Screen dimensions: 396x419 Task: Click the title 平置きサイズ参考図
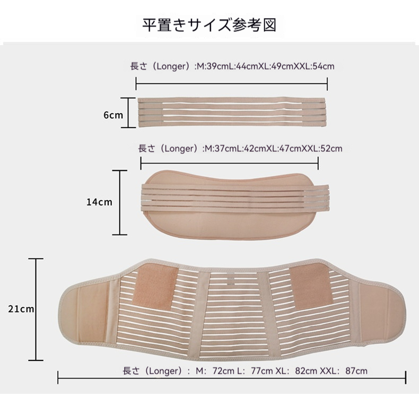[210, 25]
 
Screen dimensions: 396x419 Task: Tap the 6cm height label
[113, 114]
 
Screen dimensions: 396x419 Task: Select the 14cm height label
[100, 202]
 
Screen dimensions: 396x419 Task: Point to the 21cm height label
[22, 308]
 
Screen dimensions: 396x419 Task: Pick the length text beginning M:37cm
[240, 149]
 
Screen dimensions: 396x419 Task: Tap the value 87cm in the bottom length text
[356, 371]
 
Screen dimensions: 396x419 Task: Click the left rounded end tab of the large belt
[85, 316]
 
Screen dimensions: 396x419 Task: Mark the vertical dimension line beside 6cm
[128, 113]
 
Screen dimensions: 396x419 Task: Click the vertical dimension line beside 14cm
[120, 202]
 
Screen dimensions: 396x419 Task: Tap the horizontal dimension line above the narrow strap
[232, 83]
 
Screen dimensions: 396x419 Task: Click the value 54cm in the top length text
[324, 66]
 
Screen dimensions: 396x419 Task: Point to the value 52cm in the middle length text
[332, 149]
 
